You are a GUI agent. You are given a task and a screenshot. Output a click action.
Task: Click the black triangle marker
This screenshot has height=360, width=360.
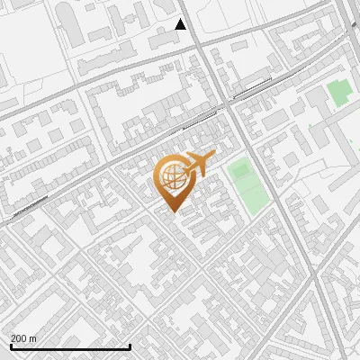tap(181, 24)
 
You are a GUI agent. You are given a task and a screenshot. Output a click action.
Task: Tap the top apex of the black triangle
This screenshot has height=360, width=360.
tap(181, 19)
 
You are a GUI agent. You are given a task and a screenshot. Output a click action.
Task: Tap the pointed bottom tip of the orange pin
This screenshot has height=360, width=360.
tap(172, 211)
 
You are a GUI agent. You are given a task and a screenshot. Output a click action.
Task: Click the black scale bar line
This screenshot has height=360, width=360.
tap(69, 346)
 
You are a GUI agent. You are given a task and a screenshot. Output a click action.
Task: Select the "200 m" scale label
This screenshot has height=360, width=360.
tap(23, 338)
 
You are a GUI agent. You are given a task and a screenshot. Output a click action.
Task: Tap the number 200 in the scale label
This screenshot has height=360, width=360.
tap(20, 338)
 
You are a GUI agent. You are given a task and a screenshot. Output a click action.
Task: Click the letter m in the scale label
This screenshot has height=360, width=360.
tap(33, 338)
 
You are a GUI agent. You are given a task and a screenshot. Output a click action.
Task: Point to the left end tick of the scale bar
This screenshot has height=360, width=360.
tap(10, 346)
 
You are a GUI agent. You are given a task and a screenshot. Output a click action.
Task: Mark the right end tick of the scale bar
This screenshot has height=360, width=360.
tap(130, 346)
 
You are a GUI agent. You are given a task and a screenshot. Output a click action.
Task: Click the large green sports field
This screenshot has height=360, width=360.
tap(247, 186)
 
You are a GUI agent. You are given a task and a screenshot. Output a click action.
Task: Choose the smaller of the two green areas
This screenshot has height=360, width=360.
tap(337, 92)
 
